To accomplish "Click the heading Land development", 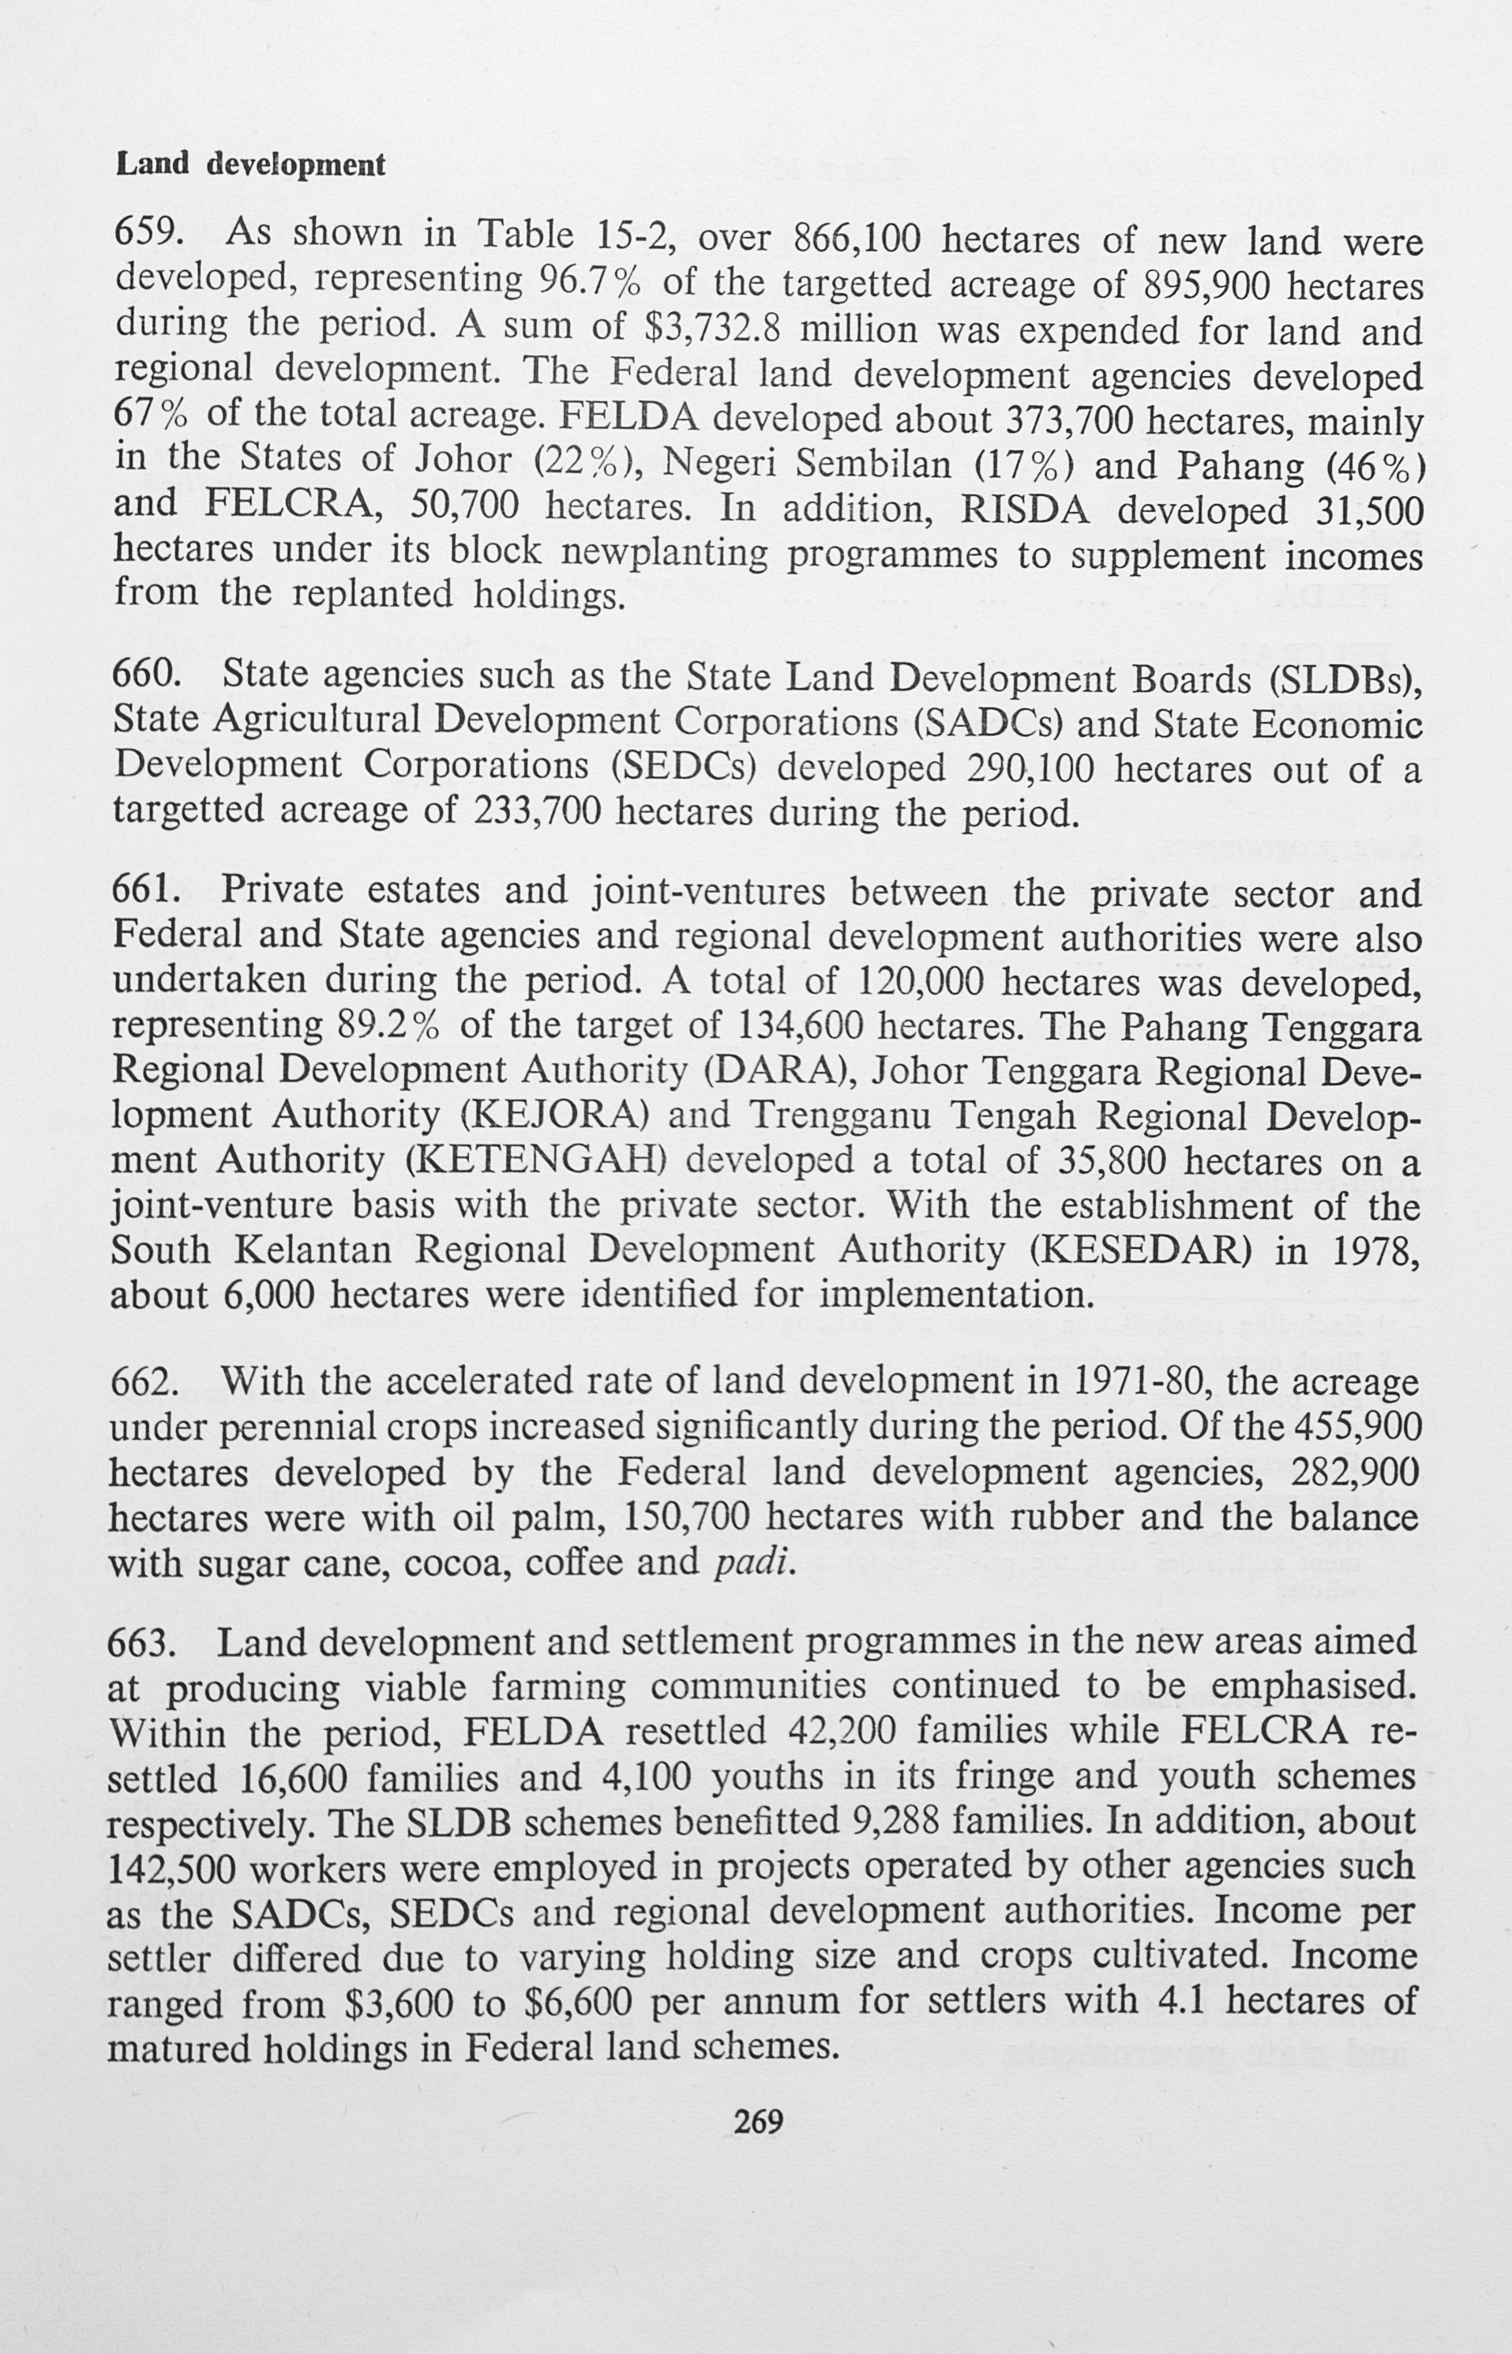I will click(x=250, y=164).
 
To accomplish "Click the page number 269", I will click(x=759, y=2123).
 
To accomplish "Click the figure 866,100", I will click(x=854, y=238).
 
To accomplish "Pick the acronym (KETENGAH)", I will click(x=537, y=1160).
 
